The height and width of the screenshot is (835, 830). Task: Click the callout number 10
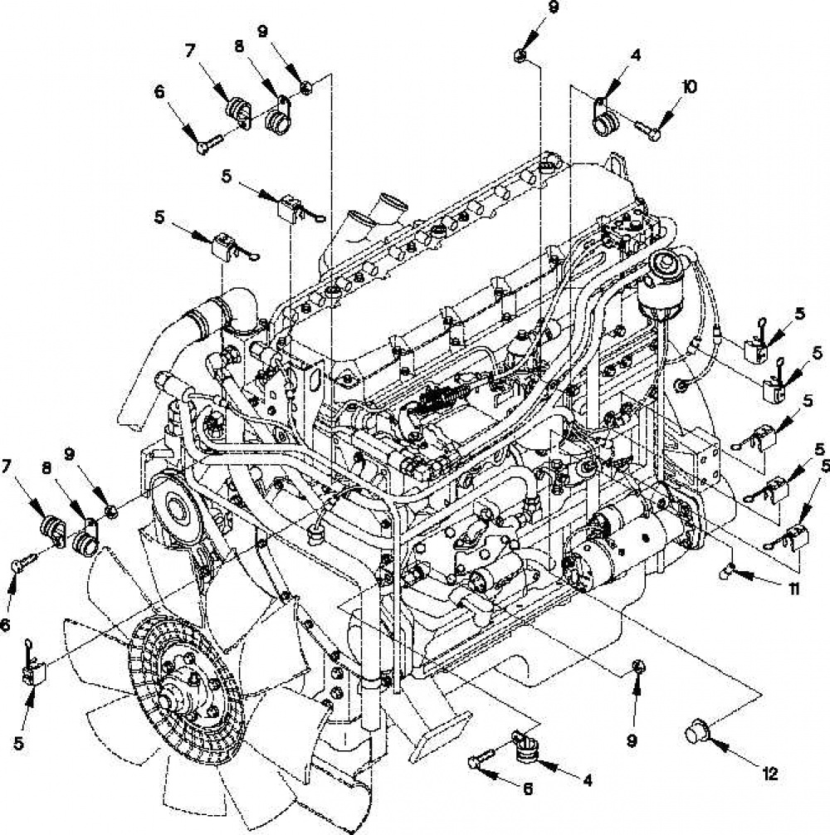point(689,86)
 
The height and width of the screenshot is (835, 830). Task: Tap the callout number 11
point(793,588)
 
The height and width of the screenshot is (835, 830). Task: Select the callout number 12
point(770,774)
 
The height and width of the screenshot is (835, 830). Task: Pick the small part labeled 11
point(726,572)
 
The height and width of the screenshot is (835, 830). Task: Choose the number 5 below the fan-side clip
point(18,743)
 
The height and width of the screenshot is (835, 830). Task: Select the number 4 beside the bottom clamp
point(588,780)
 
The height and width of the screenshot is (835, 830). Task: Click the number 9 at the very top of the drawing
point(554,7)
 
